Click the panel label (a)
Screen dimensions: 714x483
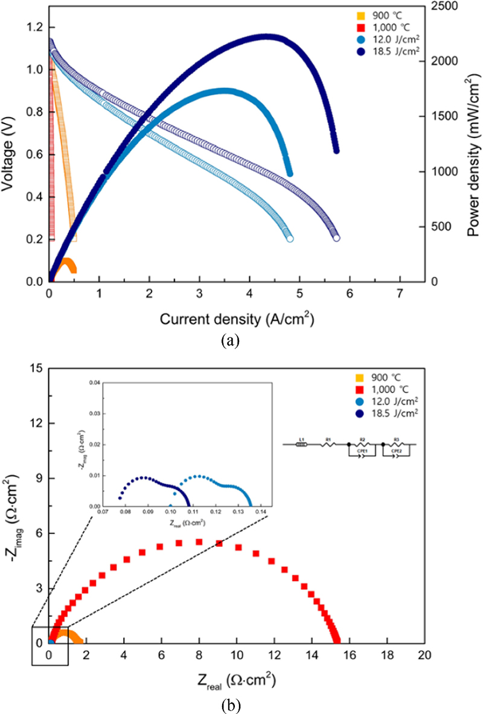coord(230,341)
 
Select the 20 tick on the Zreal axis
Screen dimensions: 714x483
coord(425,656)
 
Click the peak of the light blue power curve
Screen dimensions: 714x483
coord(223,90)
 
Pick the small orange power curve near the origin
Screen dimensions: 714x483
coord(66,263)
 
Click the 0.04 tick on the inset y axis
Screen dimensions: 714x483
coord(90,382)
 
